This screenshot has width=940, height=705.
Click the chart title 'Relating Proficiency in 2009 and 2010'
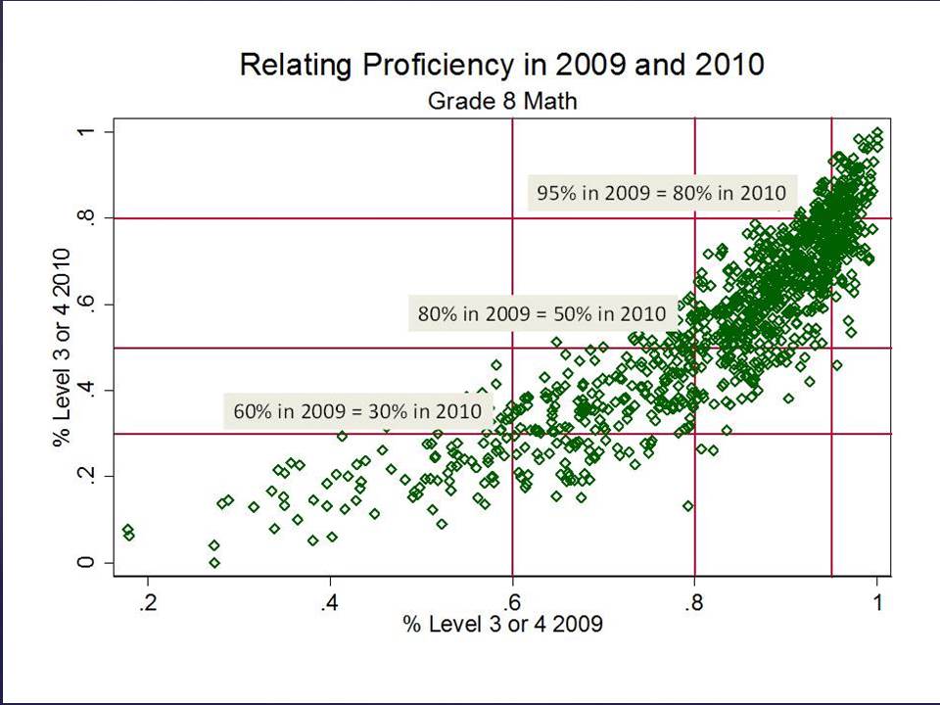(501, 66)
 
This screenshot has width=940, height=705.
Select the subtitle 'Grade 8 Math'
(500, 100)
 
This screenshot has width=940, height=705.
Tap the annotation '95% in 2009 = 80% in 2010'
(660, 192)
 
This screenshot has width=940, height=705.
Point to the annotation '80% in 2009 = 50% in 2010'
(541, 314)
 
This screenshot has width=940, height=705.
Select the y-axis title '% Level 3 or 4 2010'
(61, 348)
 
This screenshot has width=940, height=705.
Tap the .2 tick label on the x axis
(148, 601)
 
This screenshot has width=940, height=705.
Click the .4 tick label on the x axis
(330, 601)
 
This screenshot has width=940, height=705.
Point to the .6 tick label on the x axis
(512, 601)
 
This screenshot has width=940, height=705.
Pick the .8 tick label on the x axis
(694, 601)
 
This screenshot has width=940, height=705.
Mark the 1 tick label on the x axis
(877, 601)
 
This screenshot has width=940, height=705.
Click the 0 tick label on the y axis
(86, 563)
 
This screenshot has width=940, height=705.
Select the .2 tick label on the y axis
(86, 477)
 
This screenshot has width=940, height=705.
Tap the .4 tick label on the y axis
(86, 391)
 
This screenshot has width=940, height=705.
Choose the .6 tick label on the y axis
(86, 305)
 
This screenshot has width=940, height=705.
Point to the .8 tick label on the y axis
(86, 218)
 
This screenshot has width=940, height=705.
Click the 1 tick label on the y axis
(86, 132)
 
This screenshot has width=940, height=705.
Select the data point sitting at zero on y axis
(214, 562)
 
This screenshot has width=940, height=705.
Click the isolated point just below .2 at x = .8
(688, 506)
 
